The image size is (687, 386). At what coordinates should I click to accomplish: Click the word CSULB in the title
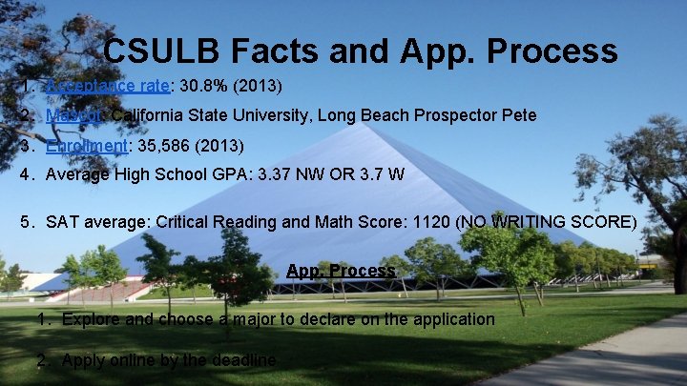(x=156, y=51)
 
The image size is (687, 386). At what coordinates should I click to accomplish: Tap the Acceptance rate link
(x=107, y=86)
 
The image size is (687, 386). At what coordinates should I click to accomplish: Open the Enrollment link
(x=86, y=146)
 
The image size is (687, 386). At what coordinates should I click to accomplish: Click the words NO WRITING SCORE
(x=549, y=222)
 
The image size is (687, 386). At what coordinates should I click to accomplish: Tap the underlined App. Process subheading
(x=341, y=271)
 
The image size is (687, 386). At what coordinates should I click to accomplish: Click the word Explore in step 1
(x=91, y=319)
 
